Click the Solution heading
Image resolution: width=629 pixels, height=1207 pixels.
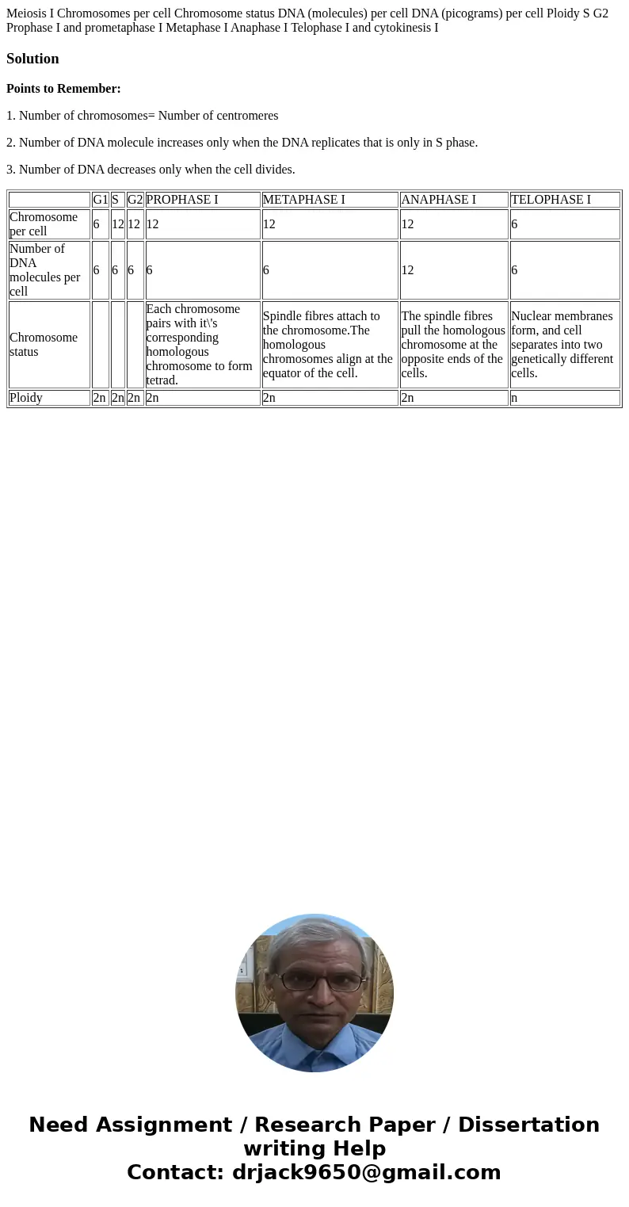coord(32,59)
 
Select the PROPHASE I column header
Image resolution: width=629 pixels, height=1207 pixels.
coord(182,200)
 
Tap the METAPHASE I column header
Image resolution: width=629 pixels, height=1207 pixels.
coord(303,200)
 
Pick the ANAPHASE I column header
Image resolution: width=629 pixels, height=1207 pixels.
coord(438,200)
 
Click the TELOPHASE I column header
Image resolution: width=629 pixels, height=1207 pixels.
coord(551,200)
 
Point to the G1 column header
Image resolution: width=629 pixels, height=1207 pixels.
coord(100,200)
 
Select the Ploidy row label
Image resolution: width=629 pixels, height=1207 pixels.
coord(26,398)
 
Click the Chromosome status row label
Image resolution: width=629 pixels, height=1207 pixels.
coord(44,345)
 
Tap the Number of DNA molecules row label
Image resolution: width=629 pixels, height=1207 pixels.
coord(44,270)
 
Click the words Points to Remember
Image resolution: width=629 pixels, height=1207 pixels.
coord(63,89)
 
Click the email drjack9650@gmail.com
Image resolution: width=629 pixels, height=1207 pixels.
coord(366,1172)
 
